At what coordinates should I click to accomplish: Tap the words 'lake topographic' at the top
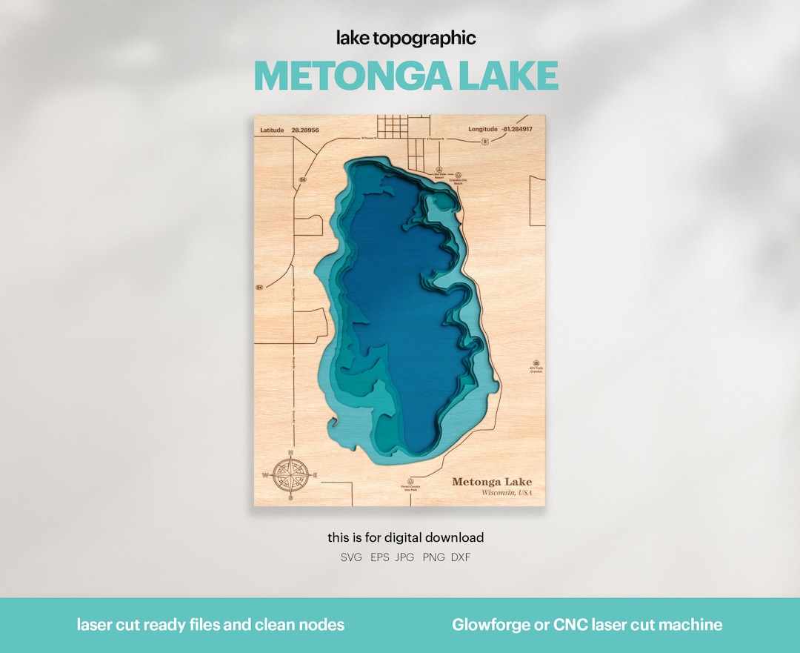[406, 38]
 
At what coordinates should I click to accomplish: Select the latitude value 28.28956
[305, 130]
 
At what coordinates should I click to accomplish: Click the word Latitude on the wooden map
[272, 130]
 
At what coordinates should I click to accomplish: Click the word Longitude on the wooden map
[482, 130]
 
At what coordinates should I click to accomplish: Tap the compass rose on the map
[290, 475]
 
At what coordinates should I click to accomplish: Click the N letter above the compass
[290, 452]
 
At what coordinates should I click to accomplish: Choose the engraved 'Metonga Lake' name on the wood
[492, 482]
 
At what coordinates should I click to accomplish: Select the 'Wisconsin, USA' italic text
[507, 493]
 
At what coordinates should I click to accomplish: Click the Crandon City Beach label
[457, 181]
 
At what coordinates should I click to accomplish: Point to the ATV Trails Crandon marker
[536, 369]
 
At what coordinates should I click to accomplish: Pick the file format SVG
[351, 557]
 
